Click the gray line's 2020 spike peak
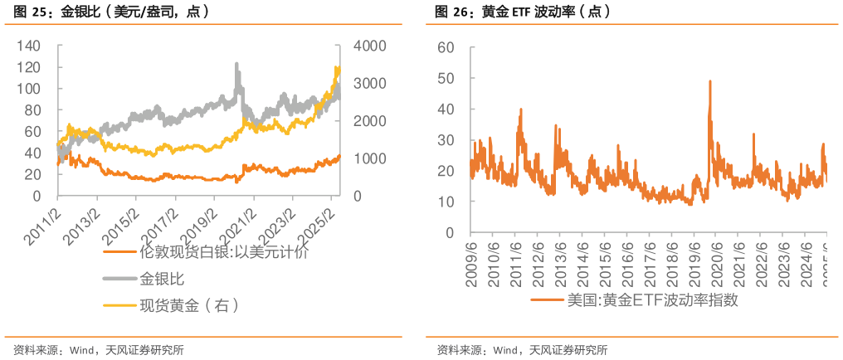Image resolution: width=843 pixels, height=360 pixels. pyautogui.click(x=237, y=63)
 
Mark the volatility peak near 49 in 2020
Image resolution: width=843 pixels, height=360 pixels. pyautogui.click(x=710, y=81)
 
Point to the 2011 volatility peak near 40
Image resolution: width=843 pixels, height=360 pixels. pyautogui.click(x=521, y=109)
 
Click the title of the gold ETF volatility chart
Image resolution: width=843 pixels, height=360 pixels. pyautogui.click(x=523, y=12)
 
